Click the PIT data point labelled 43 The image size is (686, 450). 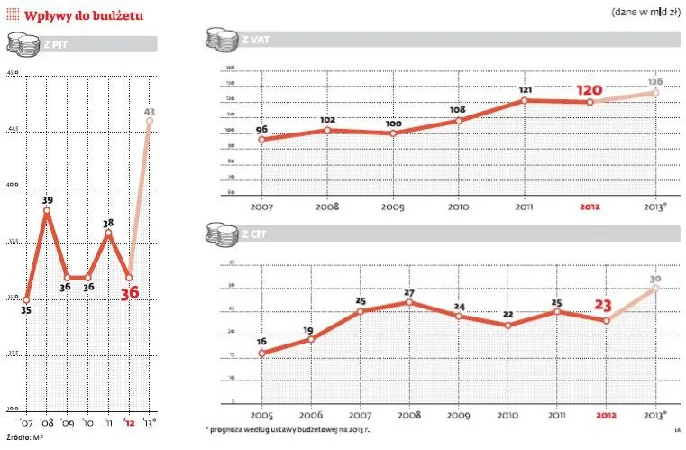point(149,121)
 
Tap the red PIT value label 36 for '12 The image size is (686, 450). point(130,293)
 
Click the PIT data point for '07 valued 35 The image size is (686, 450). point(26,299)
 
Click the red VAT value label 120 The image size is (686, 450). point(590,90)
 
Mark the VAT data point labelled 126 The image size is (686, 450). point(654,93)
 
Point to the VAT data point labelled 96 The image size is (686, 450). point(261,140)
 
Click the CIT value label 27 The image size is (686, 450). point(409,292)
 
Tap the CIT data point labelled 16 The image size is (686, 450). point(261,353)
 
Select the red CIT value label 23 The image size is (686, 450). point(600,305)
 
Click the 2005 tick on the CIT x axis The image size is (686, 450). point(261,416)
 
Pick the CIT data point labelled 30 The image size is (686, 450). point(654,288)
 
